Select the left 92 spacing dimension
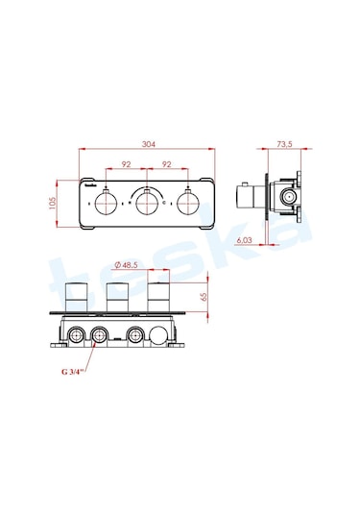tap(126, 164)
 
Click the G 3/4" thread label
tap(73, 371)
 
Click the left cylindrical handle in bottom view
tap(77, 297)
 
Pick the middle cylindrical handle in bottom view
tap(118, 297)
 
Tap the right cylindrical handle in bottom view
tap(159, 297)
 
